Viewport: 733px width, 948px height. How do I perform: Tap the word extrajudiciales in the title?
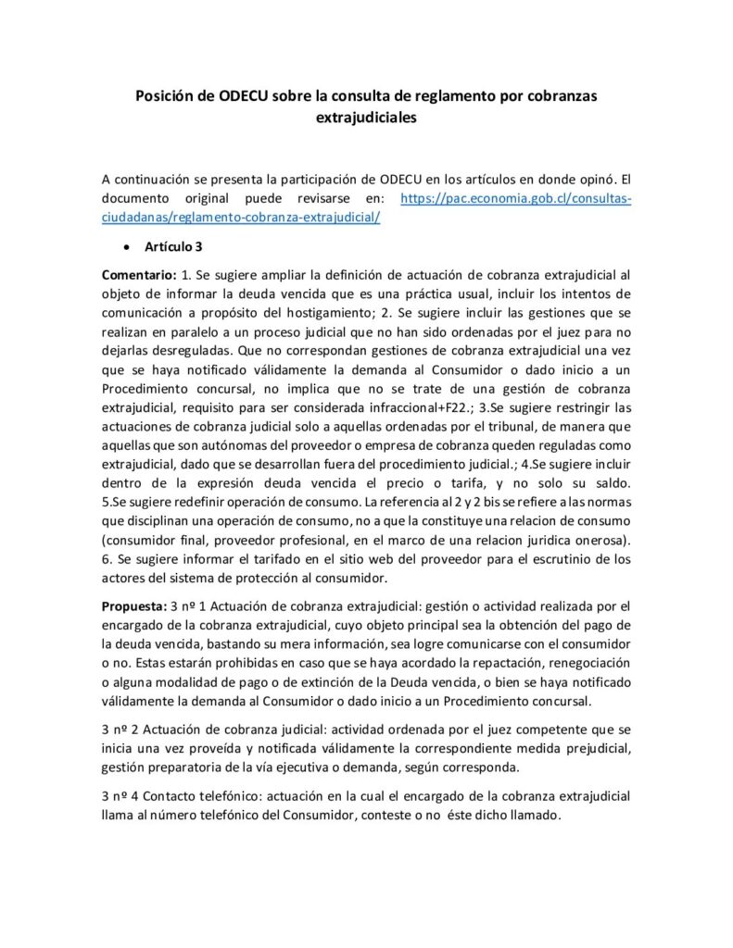click(x=366, y=118)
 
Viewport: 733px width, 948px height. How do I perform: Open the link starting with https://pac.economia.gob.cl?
click(x=514, y=199)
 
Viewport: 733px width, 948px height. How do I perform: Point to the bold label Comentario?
click(x=139, y=275)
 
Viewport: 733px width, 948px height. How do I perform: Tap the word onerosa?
click(x=600, y=540)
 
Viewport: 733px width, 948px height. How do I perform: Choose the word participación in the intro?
click(x=322, y=179)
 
